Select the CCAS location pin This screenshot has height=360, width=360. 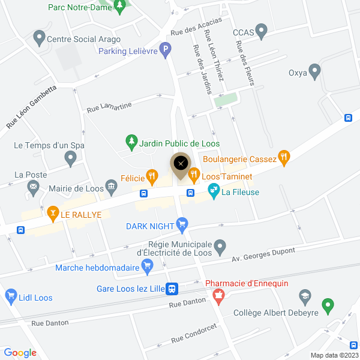pos(261,29)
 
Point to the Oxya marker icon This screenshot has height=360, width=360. pos(314,73)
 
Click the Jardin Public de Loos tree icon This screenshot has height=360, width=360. pos(131,142)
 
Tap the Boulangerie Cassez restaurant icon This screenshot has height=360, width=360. pos(284,158)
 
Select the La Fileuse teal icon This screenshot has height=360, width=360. pos(212,192)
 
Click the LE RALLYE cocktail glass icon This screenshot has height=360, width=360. pos(53,213)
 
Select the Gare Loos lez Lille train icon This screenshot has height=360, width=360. pos(172,289)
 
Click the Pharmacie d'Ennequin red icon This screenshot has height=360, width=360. pos(218,295)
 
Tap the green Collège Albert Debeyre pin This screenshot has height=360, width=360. pos(327,305)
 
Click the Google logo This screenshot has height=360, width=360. pos(20,353)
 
